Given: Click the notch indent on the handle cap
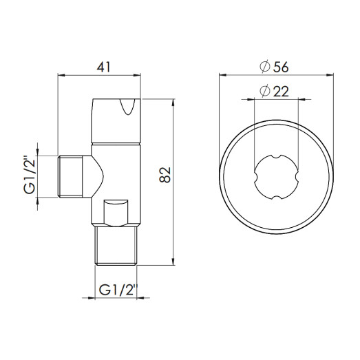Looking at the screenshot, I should click(128, 107).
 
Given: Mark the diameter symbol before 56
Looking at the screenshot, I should click(264, 67).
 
